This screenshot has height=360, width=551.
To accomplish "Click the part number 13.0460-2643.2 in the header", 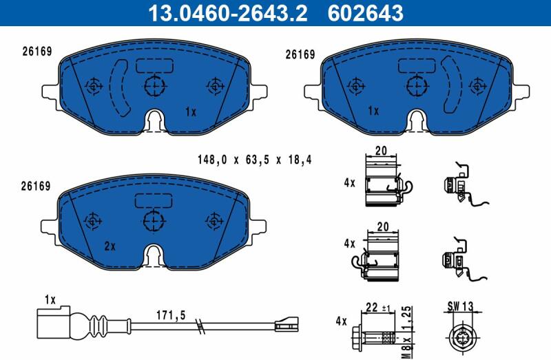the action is [x=228, y=13].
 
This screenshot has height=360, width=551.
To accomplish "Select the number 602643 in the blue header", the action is [x=366, y=13].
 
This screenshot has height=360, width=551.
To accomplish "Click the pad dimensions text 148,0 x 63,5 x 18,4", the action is [x=254, y=160].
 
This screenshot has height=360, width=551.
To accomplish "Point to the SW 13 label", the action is [x=460, y=306].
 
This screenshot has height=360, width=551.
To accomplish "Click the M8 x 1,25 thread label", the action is [x=406, y=332].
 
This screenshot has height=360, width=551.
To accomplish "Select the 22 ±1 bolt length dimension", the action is [x=378, y=308].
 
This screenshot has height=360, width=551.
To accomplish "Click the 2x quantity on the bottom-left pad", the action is [x=110, y=246].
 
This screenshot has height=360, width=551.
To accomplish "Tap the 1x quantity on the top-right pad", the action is [x=373, y=111].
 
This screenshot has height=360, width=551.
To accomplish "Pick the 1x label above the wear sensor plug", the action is [x=50, y=300].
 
